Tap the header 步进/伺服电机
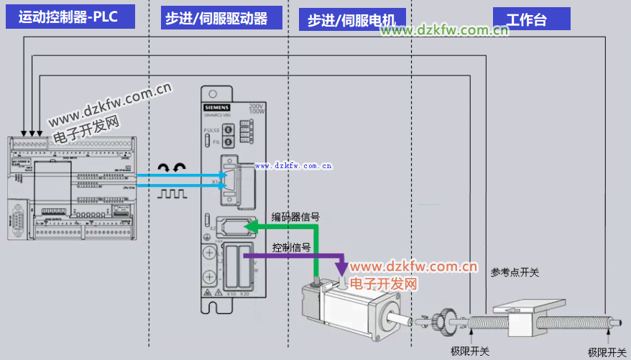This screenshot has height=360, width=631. point(351,20)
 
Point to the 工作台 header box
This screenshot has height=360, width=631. point(531,19)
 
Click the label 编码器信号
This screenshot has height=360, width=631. point(295,216)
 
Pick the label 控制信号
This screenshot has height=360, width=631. point(291,247)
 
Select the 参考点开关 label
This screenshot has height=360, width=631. point(515,272)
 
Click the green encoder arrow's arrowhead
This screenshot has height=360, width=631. point(250,227)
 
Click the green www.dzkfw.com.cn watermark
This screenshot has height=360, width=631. point(444,30)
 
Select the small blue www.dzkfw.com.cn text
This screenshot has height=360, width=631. point(294,165)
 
